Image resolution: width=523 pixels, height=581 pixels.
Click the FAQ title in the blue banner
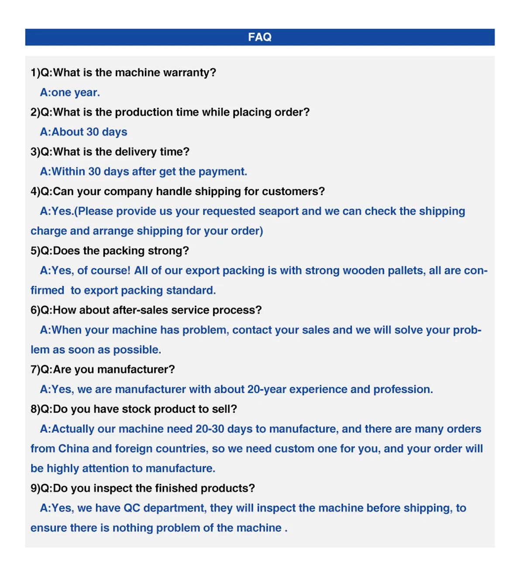[260, 37]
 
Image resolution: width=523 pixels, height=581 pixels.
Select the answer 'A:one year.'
[70, 92]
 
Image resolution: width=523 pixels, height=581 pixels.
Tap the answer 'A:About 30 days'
[83, 132]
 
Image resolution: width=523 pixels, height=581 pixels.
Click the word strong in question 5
[168, 251]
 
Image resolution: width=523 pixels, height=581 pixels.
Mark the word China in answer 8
[73, 449]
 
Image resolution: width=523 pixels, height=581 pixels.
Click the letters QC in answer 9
[132, 508]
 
